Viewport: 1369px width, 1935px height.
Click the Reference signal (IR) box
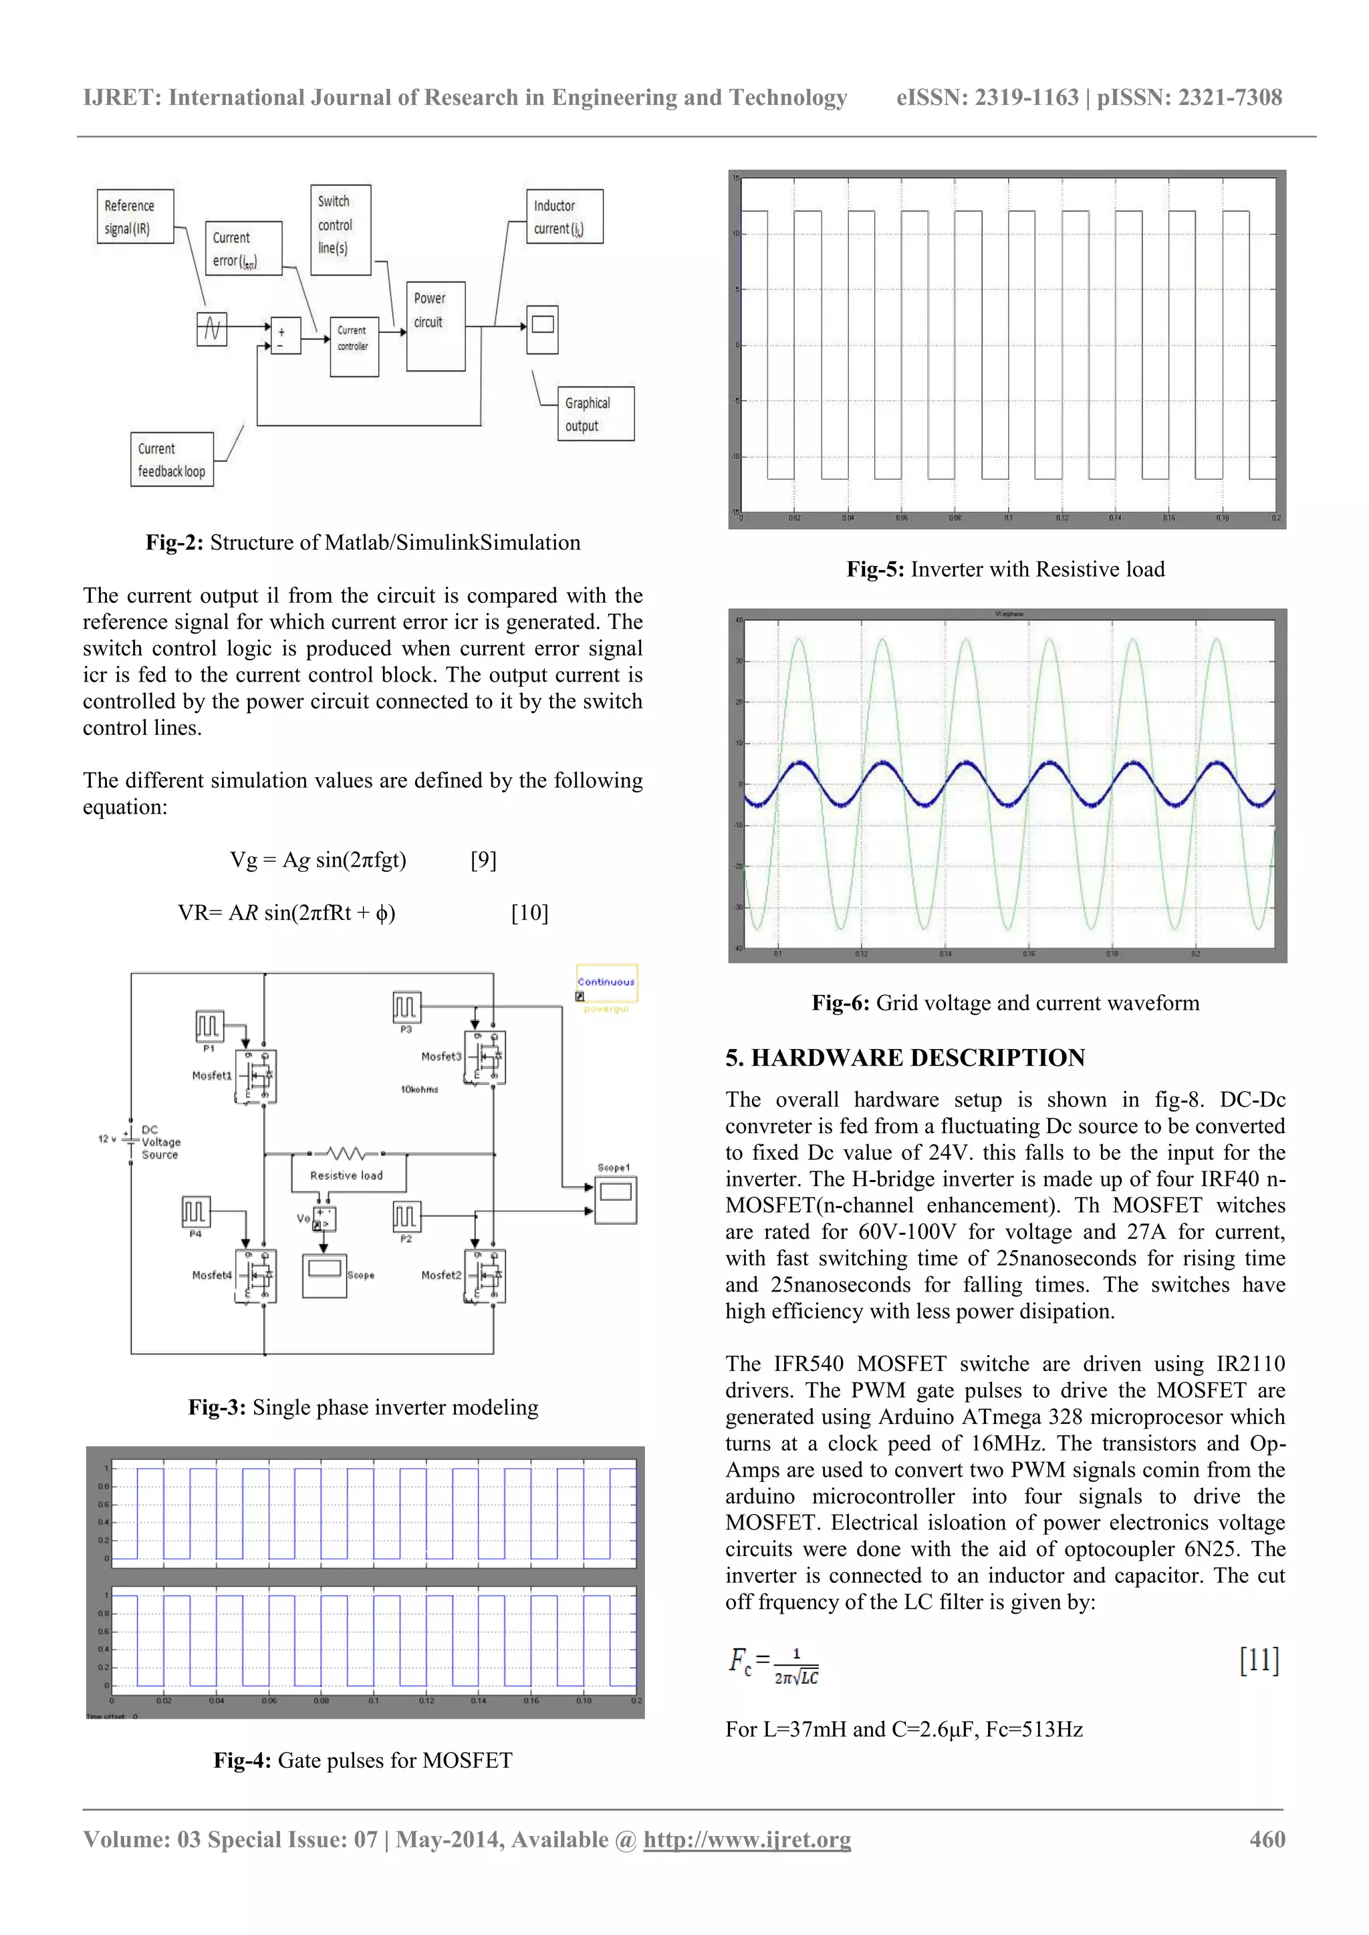[136, 216]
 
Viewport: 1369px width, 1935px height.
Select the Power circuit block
[435, 326]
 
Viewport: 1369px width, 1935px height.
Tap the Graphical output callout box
[595, 414]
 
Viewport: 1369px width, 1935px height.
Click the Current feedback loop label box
[172, 459]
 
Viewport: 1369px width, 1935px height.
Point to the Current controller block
[354, 345]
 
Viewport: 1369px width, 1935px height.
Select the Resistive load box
[348, 1175]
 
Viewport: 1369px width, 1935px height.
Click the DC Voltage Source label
[160, 1142]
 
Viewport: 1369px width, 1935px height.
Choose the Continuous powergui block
[606, 984]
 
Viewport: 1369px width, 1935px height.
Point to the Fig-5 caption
[1005, 570]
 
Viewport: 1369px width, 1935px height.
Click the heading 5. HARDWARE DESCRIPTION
[904, 1058]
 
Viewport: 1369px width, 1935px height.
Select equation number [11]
[1259, 1660]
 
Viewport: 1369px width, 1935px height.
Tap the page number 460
[1266, 1839]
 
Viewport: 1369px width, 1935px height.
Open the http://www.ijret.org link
[746, 1839]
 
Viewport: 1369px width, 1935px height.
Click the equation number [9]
[483, 860]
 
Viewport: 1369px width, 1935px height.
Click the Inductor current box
[564, 216]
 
